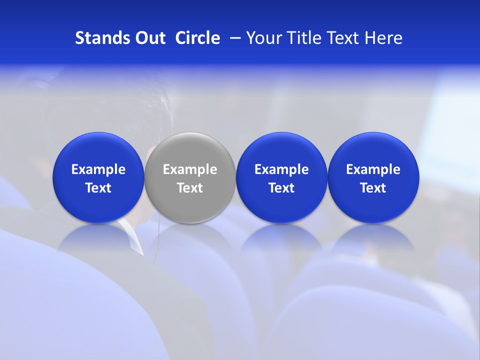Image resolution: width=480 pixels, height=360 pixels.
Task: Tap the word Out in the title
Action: (x=149, y=38)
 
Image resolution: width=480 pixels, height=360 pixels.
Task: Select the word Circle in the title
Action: (x=197, y=38)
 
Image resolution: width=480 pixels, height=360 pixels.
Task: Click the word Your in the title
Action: (x=264, y=38)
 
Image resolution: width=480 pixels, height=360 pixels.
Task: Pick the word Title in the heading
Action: (x=304, y=38)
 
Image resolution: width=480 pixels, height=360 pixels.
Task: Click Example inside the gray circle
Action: (x=190, y=169)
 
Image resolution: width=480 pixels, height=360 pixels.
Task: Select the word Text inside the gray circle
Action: (x=190, y=188)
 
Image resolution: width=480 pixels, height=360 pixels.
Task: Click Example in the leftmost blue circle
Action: (x=98, y=169)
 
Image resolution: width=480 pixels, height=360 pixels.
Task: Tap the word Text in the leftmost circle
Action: (x=98, y=188)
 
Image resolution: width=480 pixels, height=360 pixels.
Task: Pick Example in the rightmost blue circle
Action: (x=373, y=169)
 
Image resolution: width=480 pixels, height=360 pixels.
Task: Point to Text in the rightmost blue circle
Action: (x=373, y=188)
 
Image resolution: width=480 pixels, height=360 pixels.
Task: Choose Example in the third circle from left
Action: (x=282, y=169)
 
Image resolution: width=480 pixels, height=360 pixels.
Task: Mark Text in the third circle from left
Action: (x=282, y=188)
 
